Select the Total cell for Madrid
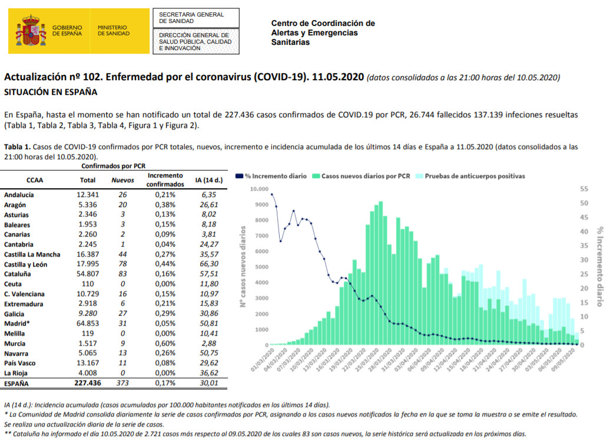(88, 323)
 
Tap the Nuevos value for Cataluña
(122, 274)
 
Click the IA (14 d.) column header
(209, 180)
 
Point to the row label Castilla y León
(25, 264)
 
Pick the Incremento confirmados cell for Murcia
(165, 343)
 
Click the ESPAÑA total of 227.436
(88, 383)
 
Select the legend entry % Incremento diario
(271, 176)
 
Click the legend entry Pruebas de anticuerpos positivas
(470, 176)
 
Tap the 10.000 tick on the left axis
(259, 189)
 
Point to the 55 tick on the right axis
(584, 189)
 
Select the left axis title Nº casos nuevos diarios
(243, 267)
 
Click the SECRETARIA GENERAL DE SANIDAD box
(196, 18)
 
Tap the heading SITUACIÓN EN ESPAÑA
(51, 92)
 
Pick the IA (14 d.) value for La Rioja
(209, 373)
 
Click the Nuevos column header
(122, 180)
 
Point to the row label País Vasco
(20, 363)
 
